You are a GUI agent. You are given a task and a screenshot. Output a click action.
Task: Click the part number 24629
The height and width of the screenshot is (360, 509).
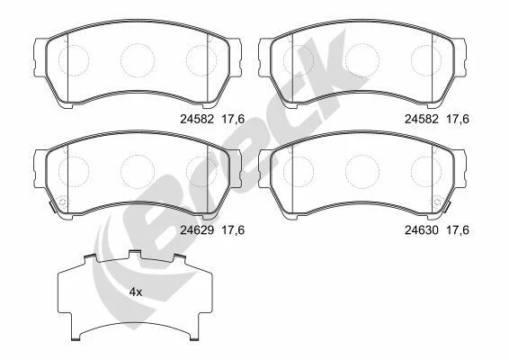click(197, 230)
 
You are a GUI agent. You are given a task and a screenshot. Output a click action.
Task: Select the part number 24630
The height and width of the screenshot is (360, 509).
click(422, 230)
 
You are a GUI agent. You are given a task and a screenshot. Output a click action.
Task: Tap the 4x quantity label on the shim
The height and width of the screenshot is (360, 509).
click(136, 292)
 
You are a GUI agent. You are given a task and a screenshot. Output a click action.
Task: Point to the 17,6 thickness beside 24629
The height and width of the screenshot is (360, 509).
click(233, 230)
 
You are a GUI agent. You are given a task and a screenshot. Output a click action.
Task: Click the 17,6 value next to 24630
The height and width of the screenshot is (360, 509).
click(458, 230)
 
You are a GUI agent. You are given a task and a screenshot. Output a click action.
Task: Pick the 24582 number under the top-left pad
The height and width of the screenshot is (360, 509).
click(197, 119)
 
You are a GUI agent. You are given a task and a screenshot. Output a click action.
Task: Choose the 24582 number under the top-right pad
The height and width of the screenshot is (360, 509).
click(422, 119)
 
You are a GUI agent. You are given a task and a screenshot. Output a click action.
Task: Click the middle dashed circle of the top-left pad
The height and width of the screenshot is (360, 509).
click(138, 60)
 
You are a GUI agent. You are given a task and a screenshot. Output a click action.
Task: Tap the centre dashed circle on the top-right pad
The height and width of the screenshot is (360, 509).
click(362, 60)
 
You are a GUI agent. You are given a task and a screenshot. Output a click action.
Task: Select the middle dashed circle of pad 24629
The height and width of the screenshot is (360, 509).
click(138, 171)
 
